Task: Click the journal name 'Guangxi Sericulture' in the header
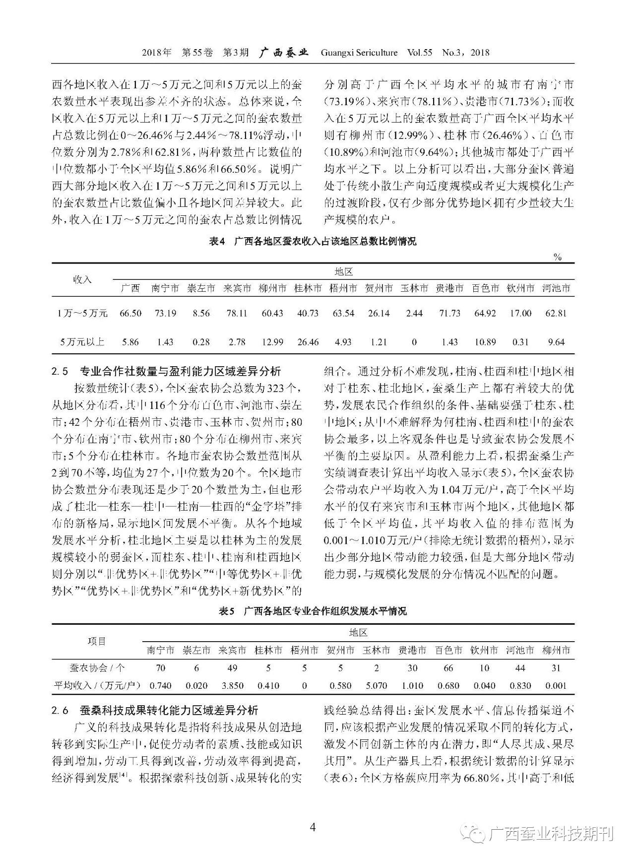pyautogui.click(x=359, y=53)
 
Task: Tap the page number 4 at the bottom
pyautogui.click(x=313, y=826)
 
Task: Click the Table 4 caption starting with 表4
pyautogui.click(x=313, y=242)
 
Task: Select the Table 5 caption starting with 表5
pyautogui.click(x=313, y=611)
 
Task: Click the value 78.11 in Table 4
pyautogui.click(x=237, y=313)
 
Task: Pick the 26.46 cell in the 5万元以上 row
pyautogui.click(x=308, y=342)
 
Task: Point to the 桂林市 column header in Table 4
pyautogui.click(x=308, y=288)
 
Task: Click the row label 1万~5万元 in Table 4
pyautogui.click(x=82, y=313)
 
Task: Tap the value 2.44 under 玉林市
pyautogui.click(x=414, y=313)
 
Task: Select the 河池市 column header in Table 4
pyautogui.click(x=556, y=288)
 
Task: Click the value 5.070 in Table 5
pyautogui.click(x=376, y=686)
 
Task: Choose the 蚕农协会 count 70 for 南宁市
pyautogui.click(x=160, y=668)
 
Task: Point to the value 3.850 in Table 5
pyautogui.click(x=232, y=686)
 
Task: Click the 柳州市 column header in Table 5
pyautogui.click(x=556, y=650)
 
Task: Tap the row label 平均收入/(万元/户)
pyautogui.click(x=97, y=686)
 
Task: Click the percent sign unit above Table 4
pyautogui.click(x=558, y=257)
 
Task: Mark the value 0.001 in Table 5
pyautogui.click(x=556, y=686)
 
